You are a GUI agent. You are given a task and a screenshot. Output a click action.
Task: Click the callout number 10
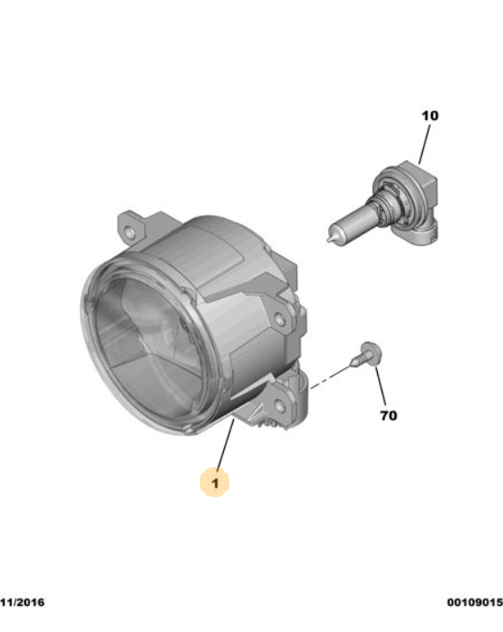pyautogui.click(x=429, y=116)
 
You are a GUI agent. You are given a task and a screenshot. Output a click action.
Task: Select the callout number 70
pyautogui.click(x=389, y=416)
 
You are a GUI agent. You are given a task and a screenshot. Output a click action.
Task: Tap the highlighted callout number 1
pyautogui.click(x=215, y=483)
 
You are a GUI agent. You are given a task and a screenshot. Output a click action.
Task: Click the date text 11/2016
pyautogui.click(x=22, y=601)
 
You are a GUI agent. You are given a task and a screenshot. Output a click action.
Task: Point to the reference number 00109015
pyautogui.click(x=474, y=601)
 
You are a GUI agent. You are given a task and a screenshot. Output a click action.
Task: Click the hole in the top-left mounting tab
pyautogui.click(x=131, y=232)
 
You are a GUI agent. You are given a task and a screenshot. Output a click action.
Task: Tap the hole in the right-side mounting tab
pyautogui.click(x=282, y=319)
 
